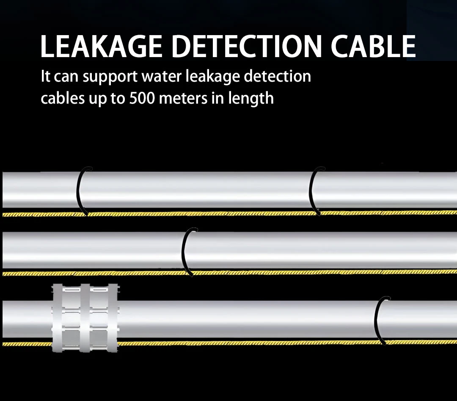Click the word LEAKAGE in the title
pos(101,46)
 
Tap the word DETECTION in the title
pos(246,46)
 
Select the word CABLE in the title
pos(373,46)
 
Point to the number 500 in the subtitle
pos(142,98)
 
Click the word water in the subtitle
pos(162,77)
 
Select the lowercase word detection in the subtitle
pos(278,77)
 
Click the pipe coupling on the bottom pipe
pos(85,318)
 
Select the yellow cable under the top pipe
pos(228,214)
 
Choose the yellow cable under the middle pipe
pos(228,273)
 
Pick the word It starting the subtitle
pos(45,77)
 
